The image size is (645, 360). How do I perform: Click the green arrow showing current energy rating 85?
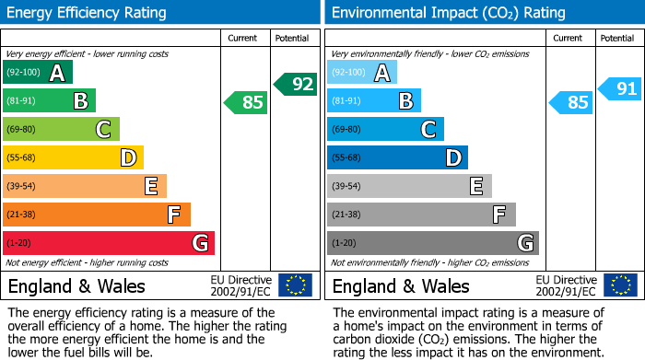[x=246, y=102]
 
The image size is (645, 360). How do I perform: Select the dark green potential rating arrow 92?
[x=296, y=85]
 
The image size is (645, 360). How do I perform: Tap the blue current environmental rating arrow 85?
[x=570, y=102]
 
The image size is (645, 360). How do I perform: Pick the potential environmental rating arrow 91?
[x=619, y=88]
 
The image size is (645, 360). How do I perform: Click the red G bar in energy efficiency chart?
[x=109, y=243]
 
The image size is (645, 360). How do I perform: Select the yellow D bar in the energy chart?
[x=73, y=157]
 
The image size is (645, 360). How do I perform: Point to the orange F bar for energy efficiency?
[x=97, y=215]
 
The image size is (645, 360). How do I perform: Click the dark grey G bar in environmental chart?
[x=433, y=243]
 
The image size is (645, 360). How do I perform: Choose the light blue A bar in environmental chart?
[x=362, y=72]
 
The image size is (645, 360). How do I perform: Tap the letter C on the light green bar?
[x=103, y=129]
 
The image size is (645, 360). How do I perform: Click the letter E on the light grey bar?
[x=476, y=186]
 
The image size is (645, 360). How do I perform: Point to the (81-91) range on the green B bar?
[x=21, y=100]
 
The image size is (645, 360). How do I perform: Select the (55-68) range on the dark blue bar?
[x=346, y=157]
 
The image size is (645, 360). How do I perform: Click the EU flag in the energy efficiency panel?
[x=296, y=285]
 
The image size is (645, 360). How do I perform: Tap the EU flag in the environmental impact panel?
[x=621, y=285]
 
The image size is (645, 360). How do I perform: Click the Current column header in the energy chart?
[x=242, y=39]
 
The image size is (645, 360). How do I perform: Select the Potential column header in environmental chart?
[x=617, y=39]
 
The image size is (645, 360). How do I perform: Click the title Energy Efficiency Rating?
[x=87, y=13]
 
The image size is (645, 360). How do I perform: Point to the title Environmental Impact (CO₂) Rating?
[x=449, y=13]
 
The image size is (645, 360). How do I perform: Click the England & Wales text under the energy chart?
[x=76, y=286]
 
